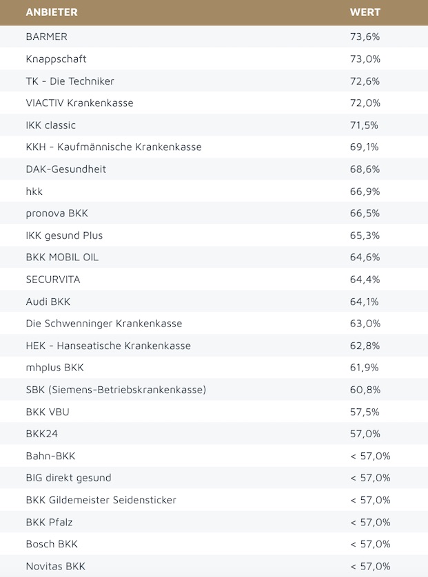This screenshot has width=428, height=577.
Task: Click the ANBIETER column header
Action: click(52, 12)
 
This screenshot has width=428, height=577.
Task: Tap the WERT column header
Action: click(365, 12)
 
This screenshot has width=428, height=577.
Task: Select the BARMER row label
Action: click(46, 36)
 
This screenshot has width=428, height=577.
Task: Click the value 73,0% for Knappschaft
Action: click(365, 59)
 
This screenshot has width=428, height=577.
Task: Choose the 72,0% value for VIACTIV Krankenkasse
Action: click(365, 103)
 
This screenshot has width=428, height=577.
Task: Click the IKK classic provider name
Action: click(50, 125)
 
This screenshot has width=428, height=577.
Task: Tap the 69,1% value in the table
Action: click(365, 147)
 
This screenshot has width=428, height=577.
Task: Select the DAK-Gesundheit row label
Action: click(65, 169)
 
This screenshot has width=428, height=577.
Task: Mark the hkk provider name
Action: click(34, 191)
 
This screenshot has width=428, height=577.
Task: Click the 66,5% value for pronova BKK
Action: click(365, 213)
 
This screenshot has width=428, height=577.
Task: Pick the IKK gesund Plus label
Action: click(64, 235)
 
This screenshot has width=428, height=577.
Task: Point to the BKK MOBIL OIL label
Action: click(62, 257)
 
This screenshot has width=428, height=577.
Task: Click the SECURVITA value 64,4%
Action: click(365, 279)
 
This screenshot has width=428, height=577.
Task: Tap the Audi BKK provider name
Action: click(48, 301)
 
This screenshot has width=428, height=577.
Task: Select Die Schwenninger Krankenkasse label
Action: click(103, 323)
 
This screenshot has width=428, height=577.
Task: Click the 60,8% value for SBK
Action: click(365, 389)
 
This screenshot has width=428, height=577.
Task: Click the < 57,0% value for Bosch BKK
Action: click(370, 543)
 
